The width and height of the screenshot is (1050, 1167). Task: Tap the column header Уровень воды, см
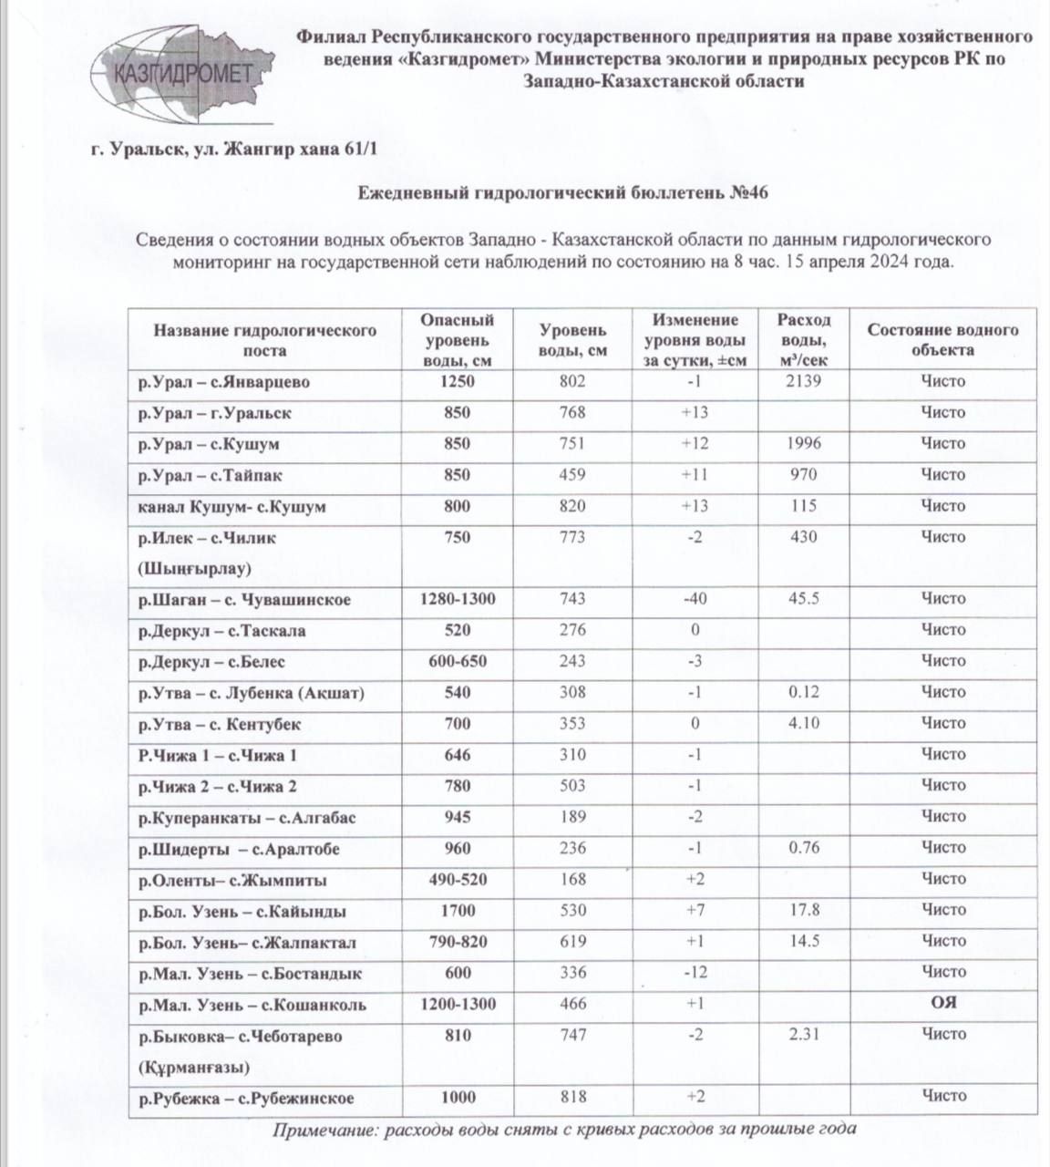pyautogui.click(x=572, y=339)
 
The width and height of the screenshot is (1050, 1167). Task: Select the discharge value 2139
pyautogui.click(x=803, y=381)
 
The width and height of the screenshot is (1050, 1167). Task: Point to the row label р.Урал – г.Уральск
pyautogui.click(x=215, y=413)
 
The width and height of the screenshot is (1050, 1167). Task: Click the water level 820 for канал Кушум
pyautogui.click(x=572, y=506)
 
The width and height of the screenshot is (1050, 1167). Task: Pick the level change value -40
pyautogui.click(x=695, y=599)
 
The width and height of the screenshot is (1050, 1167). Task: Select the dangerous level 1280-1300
pyautogui.click(x=458, y=599)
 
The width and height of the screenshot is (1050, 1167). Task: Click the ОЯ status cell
pyautogui.click(x=942, y=1004)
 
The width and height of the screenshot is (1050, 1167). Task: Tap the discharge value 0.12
pyautogui.click(x=803, y=692)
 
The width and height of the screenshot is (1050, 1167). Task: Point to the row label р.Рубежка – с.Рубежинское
pyautogui.click(x=246, y=1099)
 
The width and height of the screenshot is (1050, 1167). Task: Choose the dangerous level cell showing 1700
pyautogui.click(x=458, y=910)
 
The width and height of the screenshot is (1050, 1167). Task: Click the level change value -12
pyautogui.click(x=695, y=972)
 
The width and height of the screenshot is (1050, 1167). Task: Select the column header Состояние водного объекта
pyautogui.click(x=942, y=339)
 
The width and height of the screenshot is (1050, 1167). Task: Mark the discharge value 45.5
pyautogui.click(x=803, y=599)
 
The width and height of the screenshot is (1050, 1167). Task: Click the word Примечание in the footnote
pyautogui.click(x=324, y=1130)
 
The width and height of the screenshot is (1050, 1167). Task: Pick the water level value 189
pyautogui.click(x=572, y=817)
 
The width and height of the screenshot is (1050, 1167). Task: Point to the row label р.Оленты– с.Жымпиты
pyautogui.click(x=232, y=881)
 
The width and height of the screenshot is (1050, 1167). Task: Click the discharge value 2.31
pyautogui.click(x=803, y=1035)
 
